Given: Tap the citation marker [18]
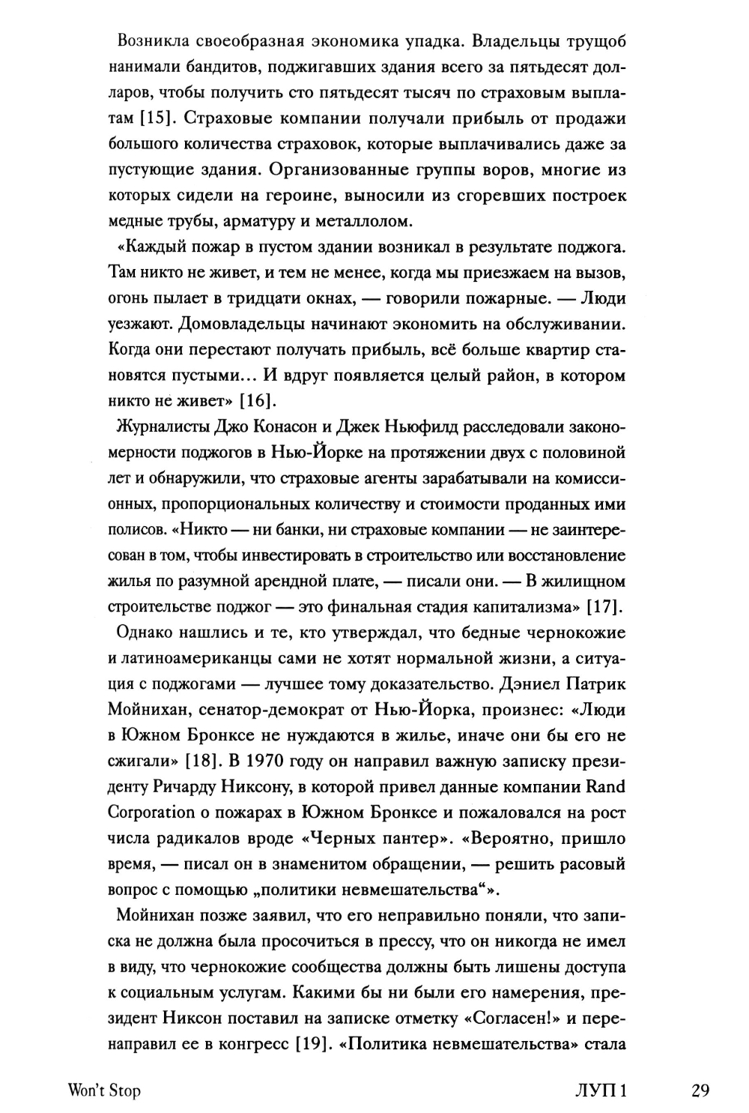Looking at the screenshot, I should (x=201, y=761).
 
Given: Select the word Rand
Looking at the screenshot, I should (x=606, y=787).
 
